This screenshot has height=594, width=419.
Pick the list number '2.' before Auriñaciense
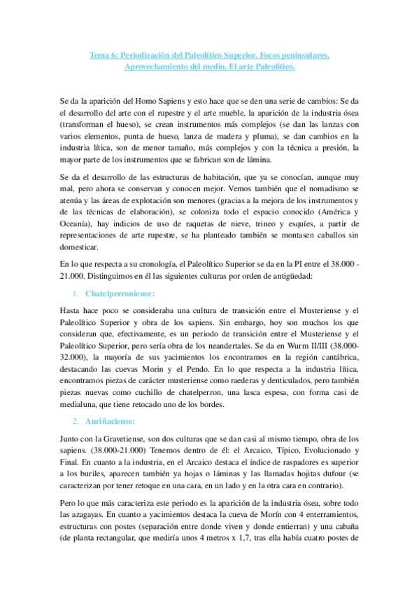point(76,423)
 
